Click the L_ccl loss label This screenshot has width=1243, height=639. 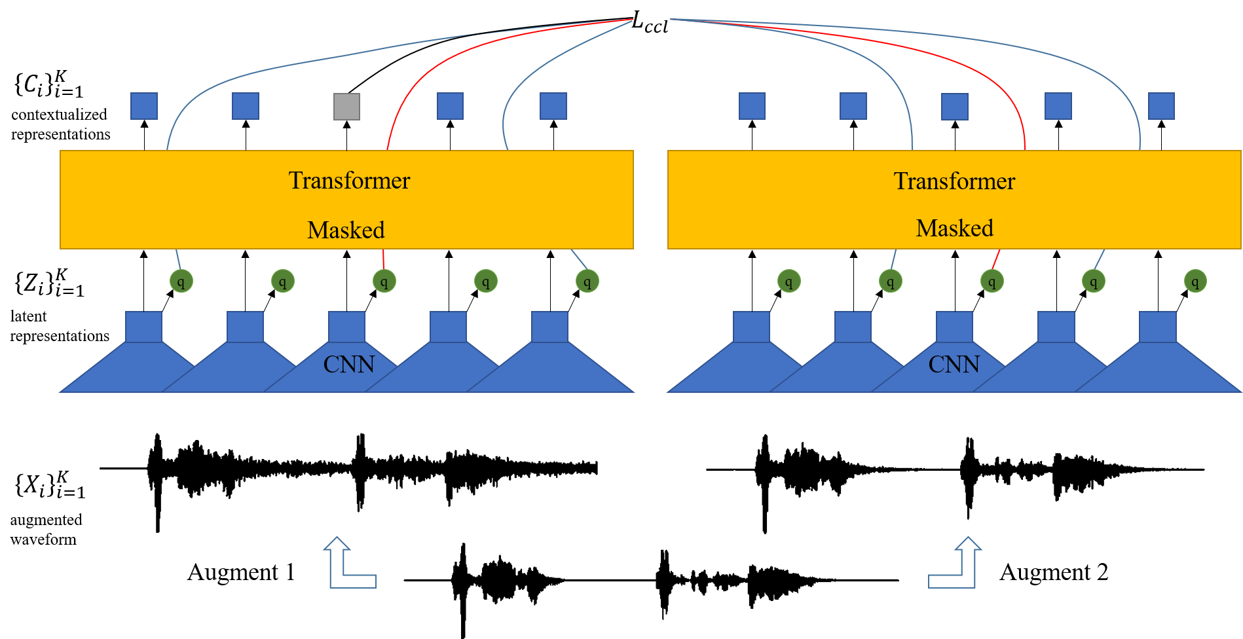pos(649,23)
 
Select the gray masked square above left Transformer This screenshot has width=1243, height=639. pos(346,106)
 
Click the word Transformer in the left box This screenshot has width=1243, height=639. pos(349,181)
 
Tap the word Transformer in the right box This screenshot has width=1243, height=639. pos(954,181)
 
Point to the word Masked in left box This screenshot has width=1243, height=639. pos(346,230)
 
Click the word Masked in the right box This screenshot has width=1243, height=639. pos(954,228)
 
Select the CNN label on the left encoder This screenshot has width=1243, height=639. pos(348,364)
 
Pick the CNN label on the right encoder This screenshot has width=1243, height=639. pos(954,364)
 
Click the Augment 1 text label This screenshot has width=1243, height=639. pos(241,572)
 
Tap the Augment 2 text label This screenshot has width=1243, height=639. pos(1053,572)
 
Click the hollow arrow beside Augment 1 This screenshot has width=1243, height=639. pos(347,564)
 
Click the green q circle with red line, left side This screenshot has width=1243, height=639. pos(384,282)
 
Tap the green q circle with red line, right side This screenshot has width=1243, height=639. pos(992,282)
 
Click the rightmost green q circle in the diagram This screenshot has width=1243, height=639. pos(1195,282)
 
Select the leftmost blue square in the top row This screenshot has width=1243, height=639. pos(144,106)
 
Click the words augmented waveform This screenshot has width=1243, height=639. pos(46,530)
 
